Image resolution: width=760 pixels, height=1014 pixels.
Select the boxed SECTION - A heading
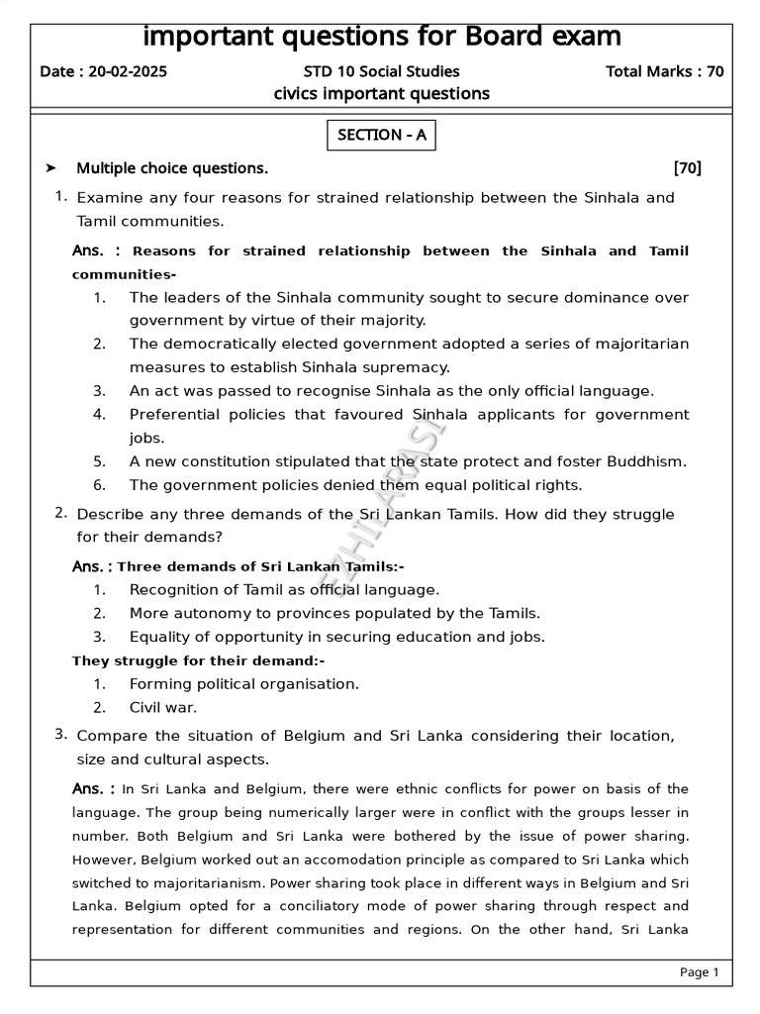381,136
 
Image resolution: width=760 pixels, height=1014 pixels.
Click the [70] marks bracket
686,168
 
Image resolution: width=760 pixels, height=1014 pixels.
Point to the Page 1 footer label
699,972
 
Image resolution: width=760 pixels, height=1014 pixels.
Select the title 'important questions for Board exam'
382,37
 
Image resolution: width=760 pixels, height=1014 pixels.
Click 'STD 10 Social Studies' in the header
381,71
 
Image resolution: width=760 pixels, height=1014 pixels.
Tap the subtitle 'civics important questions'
381,94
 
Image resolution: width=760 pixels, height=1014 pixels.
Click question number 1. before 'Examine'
61,196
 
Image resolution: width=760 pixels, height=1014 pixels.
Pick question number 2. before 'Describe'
61,513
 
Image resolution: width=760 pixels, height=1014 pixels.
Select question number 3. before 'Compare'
61,734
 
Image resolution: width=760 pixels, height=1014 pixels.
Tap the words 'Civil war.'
163,708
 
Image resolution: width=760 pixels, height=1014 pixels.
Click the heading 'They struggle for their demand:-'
199,660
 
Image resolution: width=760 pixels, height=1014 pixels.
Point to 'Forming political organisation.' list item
244,684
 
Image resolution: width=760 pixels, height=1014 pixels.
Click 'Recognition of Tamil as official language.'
284,589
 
